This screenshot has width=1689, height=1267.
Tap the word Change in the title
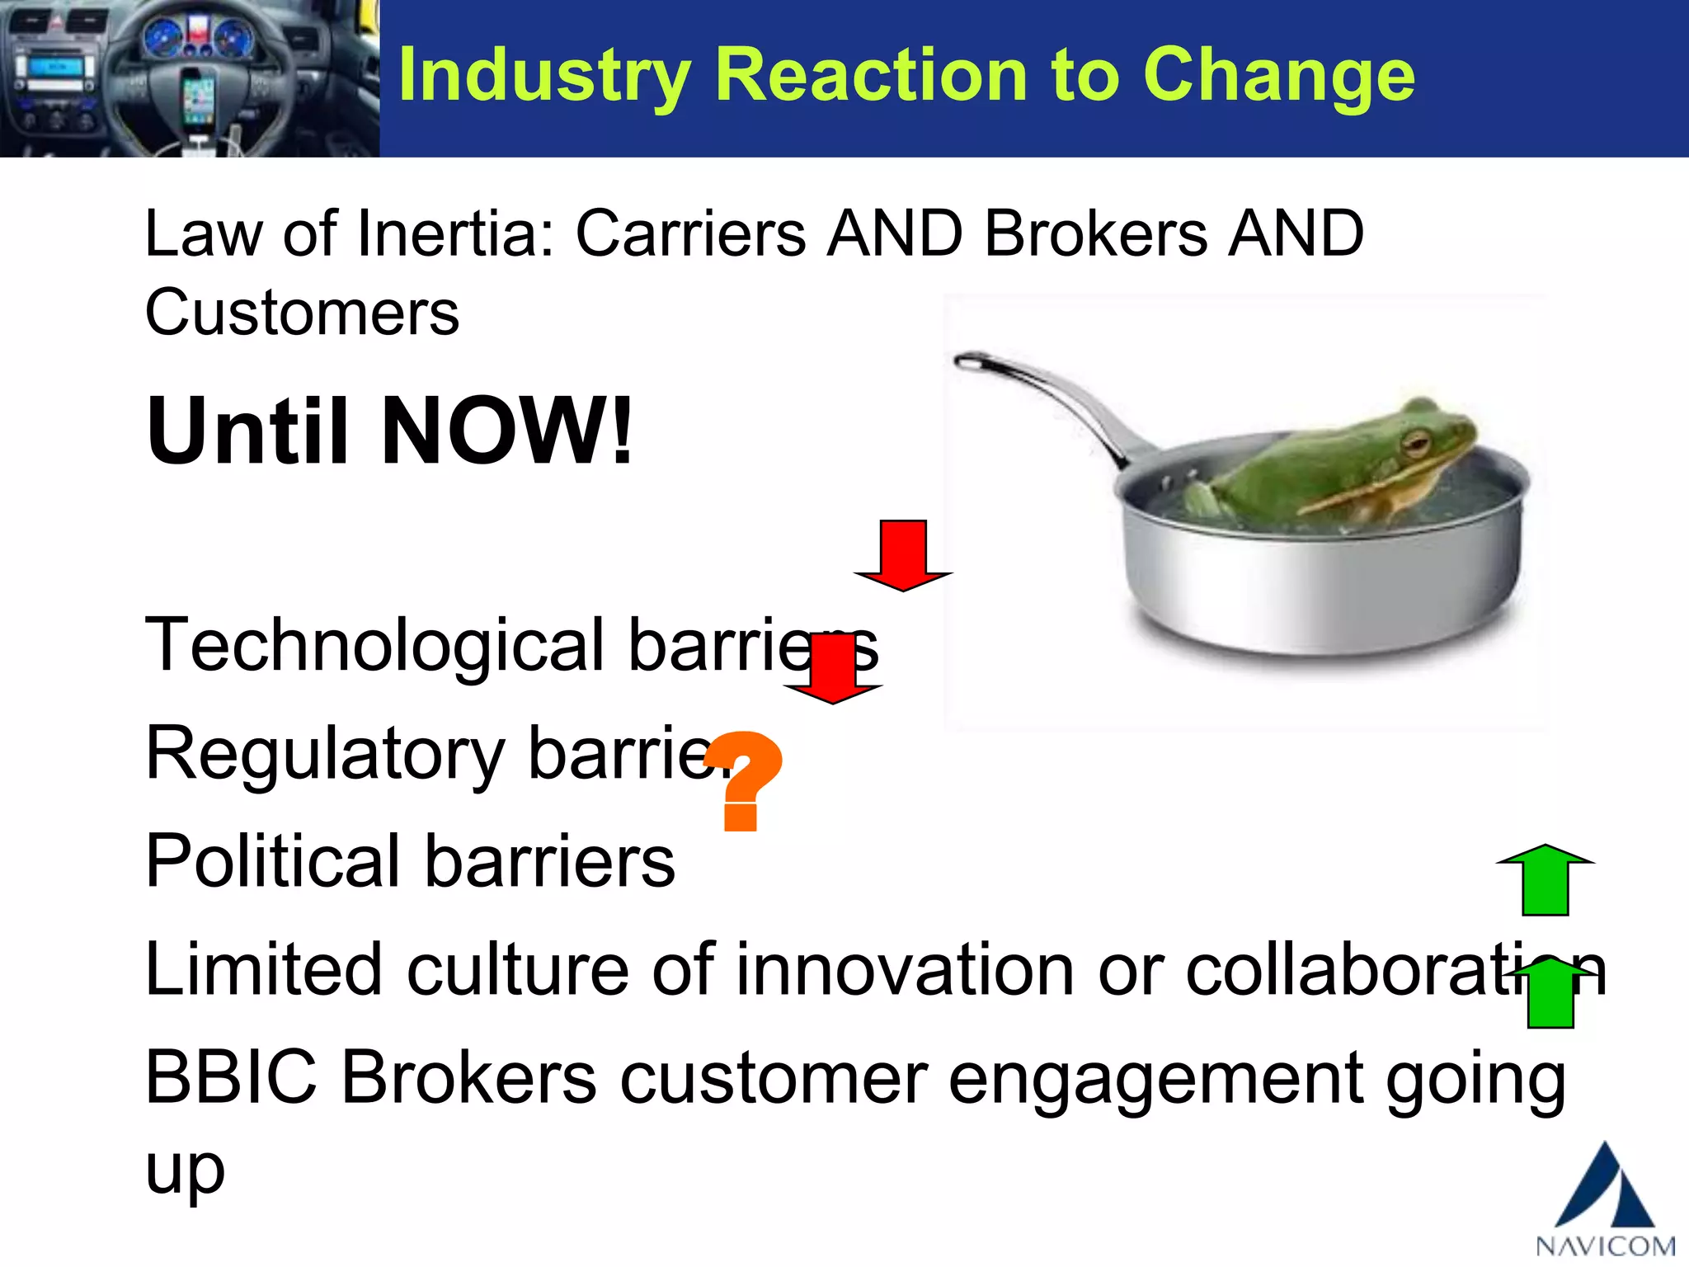[x=1279, y=76]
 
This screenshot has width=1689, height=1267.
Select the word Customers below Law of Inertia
[x=302, y=313]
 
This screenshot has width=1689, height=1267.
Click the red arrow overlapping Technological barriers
[x=833, y=670]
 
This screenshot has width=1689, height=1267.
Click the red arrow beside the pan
[x=903, y=555]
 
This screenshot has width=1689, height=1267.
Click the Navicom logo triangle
[x=1604, y=1187]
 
